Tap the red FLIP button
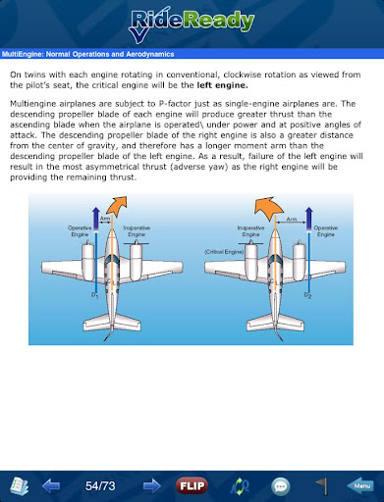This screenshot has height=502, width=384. pos(192,485)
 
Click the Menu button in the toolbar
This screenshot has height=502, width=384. pos(360,485)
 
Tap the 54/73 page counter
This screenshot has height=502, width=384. pos(100,486)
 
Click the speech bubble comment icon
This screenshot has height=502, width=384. pos(281,486)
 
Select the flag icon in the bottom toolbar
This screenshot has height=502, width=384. pos(322,486)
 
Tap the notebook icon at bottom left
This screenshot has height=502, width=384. pos(20,486)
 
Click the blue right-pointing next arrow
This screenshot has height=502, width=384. pos(152,486)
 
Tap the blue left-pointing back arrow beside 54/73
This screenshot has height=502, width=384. pos(51,486)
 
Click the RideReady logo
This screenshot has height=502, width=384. pos(192,25)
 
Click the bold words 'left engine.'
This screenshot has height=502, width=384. pos(222,85)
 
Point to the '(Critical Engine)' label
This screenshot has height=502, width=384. pos(224,252)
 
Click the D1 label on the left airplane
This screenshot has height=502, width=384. pos(94,295)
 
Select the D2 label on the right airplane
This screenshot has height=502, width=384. pos(307,295)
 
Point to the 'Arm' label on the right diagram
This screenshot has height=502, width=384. pos(292,219)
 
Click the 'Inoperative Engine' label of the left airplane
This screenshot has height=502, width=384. pos(137,231)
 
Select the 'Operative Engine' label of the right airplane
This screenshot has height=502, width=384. pos(326,231)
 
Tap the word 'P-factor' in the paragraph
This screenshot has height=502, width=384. pos(175,104)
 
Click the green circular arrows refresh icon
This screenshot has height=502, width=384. pos(240,486)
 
